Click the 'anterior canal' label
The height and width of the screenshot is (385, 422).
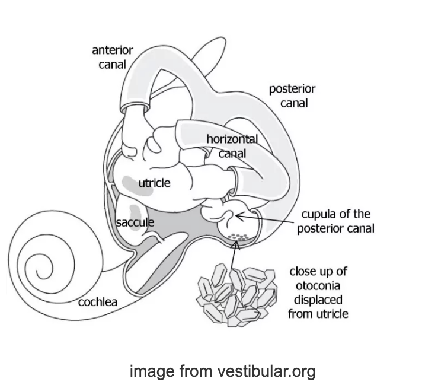[112, 56]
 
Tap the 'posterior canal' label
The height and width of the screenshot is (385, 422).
[292, 96]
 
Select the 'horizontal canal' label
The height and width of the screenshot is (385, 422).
[232, 146]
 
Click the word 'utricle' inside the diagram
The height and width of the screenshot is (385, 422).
[154, 183]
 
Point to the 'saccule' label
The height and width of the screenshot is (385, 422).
[135, 222]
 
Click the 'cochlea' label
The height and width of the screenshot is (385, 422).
[98, 302]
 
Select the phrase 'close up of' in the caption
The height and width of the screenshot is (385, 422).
[318, 271]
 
